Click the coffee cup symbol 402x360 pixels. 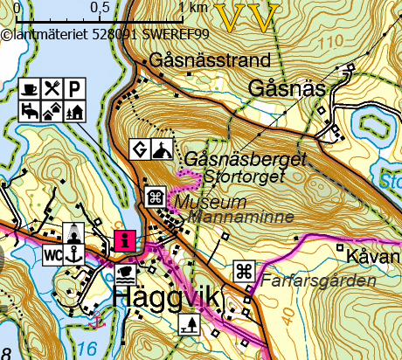pyautogui.click(x=31, y=88)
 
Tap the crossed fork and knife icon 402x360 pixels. pyautogui.click(x=53, y=88)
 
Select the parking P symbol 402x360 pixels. pyautogui.click(x=75, y=88)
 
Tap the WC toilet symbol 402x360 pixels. pyautogui.click(x=53, y=254)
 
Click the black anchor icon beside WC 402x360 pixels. pyautogui.click(x=75, y=254)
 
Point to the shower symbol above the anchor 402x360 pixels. pyautogui.click(x=75, y=233)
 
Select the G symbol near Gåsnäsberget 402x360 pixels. pyautogui.click(x=139, y=149)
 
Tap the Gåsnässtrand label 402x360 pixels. pyautogui.click(x=210, y=62)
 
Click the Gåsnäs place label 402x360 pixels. pyautogui.click(x=287, y=89)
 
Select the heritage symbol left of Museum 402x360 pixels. pyautogui.click(x=155, y=197)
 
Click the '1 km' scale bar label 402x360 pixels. pyautogui.click(x=192, y=8)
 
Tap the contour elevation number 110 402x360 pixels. pyautogui.click(x=331, y=42)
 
